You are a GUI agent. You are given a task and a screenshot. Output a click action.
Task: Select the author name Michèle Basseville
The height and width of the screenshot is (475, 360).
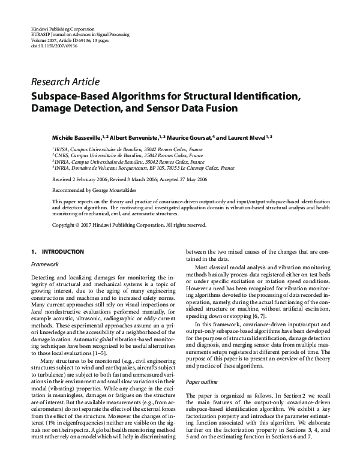[x=76, y=137]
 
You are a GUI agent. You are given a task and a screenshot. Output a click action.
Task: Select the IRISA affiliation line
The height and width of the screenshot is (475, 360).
[x=120, y=148]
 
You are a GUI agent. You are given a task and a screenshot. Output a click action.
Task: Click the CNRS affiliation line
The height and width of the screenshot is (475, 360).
[x=120, y=155]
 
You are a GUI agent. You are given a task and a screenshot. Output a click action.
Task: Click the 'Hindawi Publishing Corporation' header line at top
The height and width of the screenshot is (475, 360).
[x=62, y=29]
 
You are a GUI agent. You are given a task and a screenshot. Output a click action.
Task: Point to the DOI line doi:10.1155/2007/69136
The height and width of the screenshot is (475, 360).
[x=53, y=45]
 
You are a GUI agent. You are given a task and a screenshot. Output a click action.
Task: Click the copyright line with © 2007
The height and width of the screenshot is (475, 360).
[x=121, y=225]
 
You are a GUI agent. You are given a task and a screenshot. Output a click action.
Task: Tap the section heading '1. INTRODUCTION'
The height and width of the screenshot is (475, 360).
[x=58, y=252]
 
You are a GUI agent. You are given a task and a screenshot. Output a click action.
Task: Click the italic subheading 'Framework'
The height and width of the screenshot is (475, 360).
[x=43, y=264]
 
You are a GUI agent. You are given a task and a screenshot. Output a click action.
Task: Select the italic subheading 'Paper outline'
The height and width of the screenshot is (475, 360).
[x=202, y=381]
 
